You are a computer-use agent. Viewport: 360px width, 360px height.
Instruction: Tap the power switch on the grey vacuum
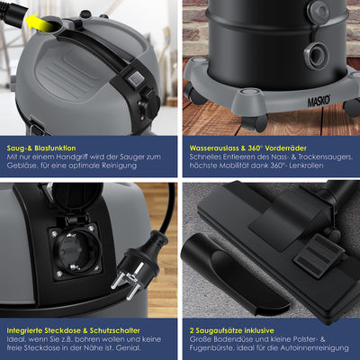(137, 80)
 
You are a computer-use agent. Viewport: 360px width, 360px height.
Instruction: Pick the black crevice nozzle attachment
(225, 261)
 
